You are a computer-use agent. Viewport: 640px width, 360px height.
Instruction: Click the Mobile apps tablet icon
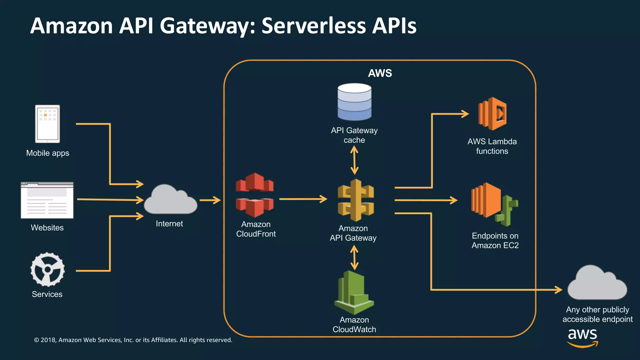[x=47, y=124]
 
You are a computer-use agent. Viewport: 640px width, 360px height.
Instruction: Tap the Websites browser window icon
[x=47, y=200]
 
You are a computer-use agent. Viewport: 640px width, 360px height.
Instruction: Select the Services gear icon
[x=47, y=269]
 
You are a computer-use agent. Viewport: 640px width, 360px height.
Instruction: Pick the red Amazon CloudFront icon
[x=255, y=195]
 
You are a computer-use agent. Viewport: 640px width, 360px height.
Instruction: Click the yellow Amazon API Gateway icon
[x=356, y=200]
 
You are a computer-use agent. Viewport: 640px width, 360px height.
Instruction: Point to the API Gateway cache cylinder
[x=354, y=102]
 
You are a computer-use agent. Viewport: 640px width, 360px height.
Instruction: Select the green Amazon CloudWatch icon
[x=354, y=292]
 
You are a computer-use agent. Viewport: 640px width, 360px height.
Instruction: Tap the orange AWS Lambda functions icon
[x=492, y=114]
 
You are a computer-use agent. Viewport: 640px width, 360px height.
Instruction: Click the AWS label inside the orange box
[x=380, y=73]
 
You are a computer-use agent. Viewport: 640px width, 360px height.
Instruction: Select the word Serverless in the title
[x=313, y=26]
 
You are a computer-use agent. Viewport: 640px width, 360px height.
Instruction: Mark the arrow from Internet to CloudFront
[x=210, y=200]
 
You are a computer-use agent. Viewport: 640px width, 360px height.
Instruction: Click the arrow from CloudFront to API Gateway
[x=303, y=199]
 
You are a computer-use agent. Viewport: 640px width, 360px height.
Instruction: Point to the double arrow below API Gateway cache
[x=354, y=161]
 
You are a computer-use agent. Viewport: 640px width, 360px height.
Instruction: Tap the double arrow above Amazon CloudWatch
[x=354, y=257]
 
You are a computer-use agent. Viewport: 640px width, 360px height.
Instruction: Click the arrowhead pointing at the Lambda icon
[x=465, y=114]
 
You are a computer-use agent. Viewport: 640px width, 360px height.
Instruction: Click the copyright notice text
[x=133, y=340]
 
